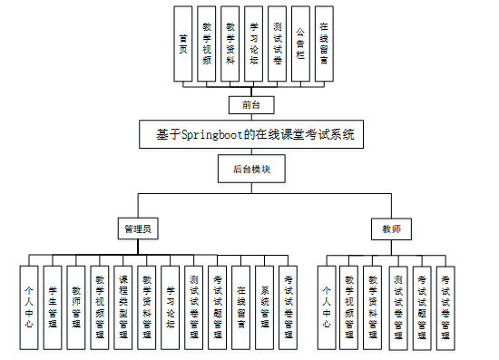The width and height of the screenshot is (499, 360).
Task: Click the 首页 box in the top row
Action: click(184, 44)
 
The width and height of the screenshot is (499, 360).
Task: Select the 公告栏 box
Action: click(300, 44)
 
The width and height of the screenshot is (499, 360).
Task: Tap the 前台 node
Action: click(244, 104)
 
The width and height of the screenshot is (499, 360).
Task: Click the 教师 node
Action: click(391, 230)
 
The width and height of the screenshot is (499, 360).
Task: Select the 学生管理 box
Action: click(53, 306)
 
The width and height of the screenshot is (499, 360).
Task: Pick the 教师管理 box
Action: click(76, 306)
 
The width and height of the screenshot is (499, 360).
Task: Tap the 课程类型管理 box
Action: click(123, 306)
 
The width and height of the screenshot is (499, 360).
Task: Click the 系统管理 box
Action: click(264, 306)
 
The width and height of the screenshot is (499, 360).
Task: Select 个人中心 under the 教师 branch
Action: click(328, 306)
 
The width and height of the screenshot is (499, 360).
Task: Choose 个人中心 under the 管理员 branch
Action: click(29, 306)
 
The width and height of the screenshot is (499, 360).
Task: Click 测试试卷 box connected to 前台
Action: click(277, 44)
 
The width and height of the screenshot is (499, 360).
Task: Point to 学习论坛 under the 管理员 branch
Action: click(171, 306)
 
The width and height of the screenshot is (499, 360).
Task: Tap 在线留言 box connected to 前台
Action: click(324, 44)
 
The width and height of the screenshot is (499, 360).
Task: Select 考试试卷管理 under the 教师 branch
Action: click(445, 306)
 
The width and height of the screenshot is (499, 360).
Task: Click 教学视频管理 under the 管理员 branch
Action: click(100, 306)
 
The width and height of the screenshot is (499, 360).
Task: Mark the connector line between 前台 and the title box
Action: click(244, 117)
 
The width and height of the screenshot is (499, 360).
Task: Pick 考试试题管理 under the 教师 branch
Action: click(422, 306)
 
